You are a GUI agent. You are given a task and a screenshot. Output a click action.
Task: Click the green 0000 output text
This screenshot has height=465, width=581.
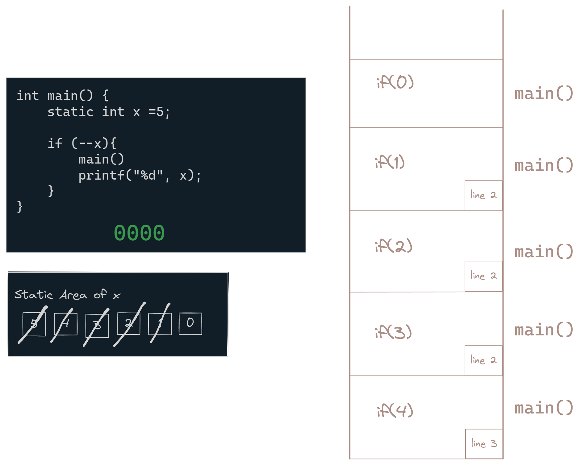point(139,233)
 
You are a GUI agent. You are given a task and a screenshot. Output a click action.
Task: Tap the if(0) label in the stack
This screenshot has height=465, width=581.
point(395,82)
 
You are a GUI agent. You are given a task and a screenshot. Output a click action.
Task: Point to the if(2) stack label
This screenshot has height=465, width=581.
point(394,246)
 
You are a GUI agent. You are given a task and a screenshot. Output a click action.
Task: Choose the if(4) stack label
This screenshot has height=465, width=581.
point(395,410)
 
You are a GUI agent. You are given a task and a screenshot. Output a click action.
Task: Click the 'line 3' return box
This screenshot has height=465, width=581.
point(484,443)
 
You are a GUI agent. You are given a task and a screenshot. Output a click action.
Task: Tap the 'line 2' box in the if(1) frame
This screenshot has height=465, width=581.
point(483,195)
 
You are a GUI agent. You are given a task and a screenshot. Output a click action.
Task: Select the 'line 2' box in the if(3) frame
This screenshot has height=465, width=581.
point(483,360)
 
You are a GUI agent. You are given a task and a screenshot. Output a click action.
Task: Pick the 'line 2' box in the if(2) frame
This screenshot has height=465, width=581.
point(483,276)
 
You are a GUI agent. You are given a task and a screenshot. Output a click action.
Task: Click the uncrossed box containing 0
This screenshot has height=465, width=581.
point(190,323)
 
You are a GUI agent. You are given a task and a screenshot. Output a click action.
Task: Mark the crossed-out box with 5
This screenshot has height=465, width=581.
point(34,324)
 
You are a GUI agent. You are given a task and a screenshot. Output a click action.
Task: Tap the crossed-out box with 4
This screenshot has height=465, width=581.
point(66,324)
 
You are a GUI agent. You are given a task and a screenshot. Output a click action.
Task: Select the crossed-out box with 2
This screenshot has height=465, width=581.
point(128,323)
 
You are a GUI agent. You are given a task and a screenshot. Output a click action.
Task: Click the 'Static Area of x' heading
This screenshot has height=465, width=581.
point(67,295)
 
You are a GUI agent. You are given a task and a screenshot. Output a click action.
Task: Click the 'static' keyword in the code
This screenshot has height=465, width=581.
point(70,112)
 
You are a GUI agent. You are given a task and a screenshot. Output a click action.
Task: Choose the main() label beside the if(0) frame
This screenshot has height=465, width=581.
point(544,93)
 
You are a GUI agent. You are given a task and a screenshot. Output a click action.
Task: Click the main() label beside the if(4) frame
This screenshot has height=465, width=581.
point(544,408)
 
